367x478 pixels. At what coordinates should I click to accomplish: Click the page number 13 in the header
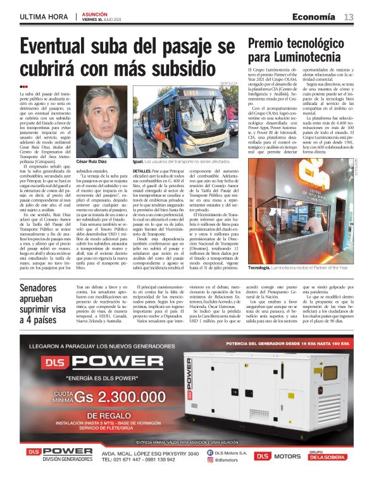[349, 16]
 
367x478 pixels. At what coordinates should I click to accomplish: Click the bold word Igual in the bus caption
[139, 162]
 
